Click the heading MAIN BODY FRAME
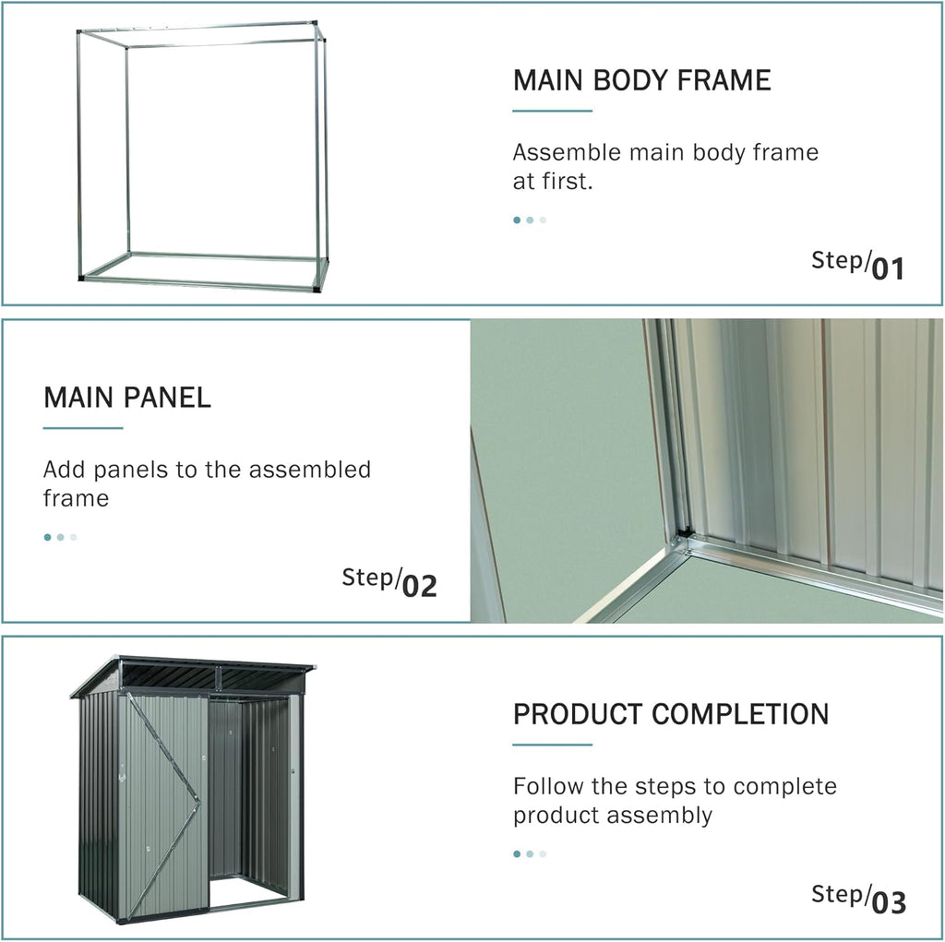pyautogui.click(x=642, y=80)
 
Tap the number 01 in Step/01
pyautogui.click(x=889, y=268)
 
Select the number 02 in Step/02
pyautogui.click(x=420, y=586)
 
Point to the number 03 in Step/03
pyautogui.click(x=889, y=903)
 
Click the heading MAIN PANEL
pyautogui.click(x=127, y=398)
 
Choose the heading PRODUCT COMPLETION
pyautogui.click(x=671, y=714)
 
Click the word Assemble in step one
pyautogui.click(x=567, y=152)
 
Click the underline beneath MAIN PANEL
pyautogui.click(x=83, y=428)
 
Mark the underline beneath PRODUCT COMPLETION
pyautogui.click(x=552, y=745)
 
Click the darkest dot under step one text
pyautogui.click(x=517, y=220)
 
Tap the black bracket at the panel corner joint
pyautogui.click(x=684, y=532)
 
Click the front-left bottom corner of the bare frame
pyautogui.click(x=81, y=278)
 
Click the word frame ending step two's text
pyautogui.click(x=76, y=499)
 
